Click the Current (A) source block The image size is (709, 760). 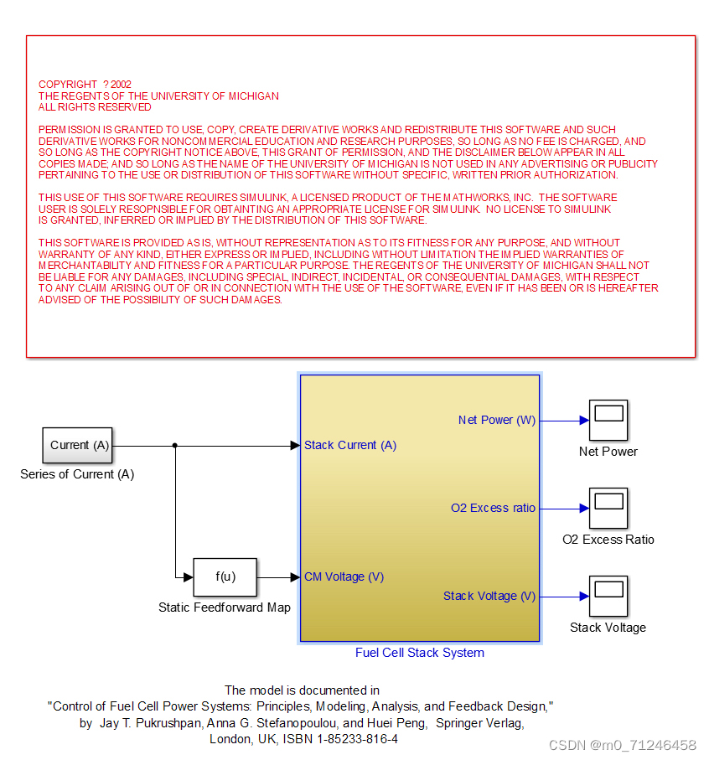79,445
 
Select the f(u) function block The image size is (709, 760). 225,576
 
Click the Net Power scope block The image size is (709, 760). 608,420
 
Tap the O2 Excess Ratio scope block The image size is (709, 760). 608,508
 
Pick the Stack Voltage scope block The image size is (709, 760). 608,596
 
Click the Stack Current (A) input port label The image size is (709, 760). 350,445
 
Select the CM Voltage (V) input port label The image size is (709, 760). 344,576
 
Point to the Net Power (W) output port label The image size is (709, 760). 496,420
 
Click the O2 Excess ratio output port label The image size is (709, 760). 493,508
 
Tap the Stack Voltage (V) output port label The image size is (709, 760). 489,596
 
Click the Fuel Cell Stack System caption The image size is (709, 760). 420,653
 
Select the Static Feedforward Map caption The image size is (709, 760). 225,607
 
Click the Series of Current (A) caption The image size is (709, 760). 77,474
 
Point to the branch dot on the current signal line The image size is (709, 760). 174,445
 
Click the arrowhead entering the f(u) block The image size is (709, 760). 189,576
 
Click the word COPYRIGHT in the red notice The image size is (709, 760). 68,85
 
